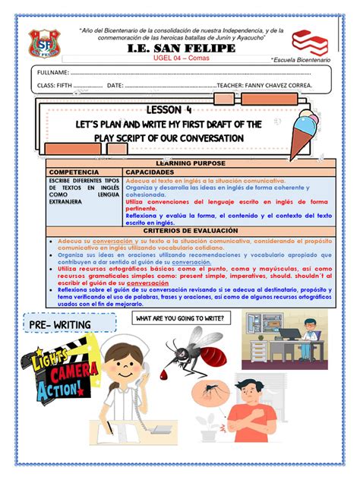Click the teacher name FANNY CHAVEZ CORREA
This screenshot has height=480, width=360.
tap(279, 87)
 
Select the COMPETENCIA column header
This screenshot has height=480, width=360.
tap(74, 172)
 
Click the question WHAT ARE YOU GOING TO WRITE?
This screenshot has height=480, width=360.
tap(179, 318)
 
